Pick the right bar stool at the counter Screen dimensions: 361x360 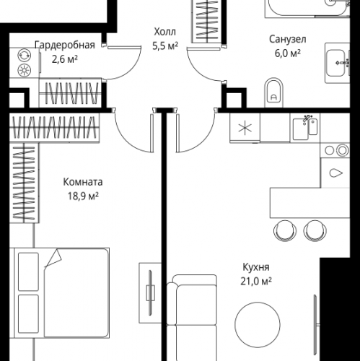point(314,230)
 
